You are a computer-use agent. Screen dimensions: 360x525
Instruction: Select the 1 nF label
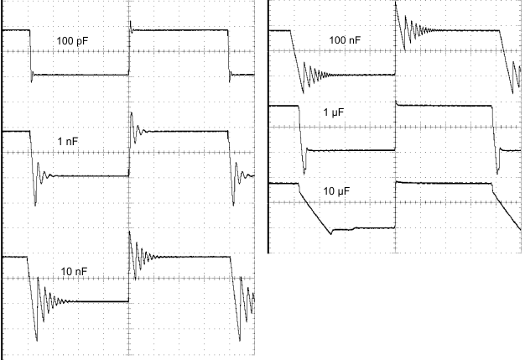(73, 143)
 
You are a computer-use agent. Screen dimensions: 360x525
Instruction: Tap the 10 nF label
(75, 269)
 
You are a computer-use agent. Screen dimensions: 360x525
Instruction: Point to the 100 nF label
(345, 40)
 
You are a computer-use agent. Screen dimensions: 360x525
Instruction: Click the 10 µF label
(335, 192)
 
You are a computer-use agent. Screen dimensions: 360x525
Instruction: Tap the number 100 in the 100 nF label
(338, 40)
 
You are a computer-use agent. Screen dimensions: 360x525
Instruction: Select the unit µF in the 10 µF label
(342, 192)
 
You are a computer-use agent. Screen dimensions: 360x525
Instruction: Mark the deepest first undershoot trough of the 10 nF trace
(37, 340)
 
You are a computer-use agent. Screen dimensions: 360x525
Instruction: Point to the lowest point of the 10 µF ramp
(331, 232)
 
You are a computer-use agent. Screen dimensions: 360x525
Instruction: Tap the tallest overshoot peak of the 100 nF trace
(397, 4)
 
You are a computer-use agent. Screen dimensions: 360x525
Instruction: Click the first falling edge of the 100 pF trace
(30, 53)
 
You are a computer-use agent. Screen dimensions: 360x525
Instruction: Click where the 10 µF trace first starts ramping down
(300, 184)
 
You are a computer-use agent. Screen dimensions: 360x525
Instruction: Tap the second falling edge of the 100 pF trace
(230, 53)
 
